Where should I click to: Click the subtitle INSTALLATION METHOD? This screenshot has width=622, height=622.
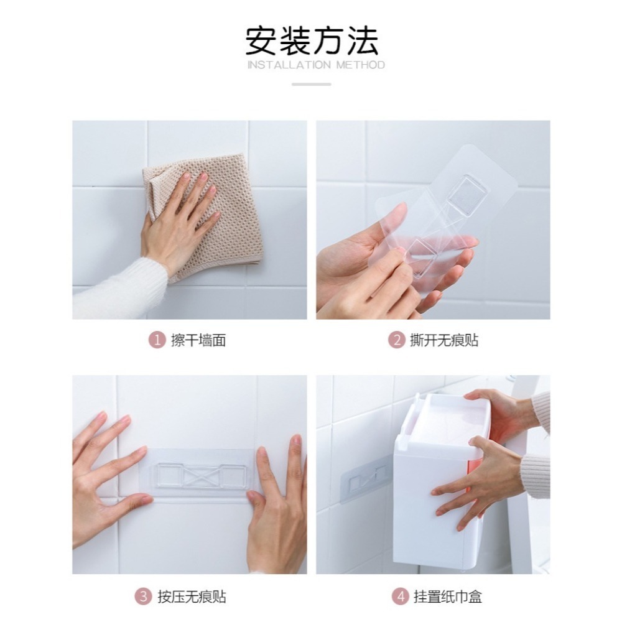click(x=316, y=65)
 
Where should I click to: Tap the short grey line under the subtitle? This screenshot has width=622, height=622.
click(x=311, y=84)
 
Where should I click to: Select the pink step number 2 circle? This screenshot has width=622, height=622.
click(x=396, y=340)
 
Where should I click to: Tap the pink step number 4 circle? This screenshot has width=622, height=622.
click(x=399, y=597)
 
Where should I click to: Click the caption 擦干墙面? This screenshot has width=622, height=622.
click(x=198, y=340)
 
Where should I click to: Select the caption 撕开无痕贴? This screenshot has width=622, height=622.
click(x=444, y=340)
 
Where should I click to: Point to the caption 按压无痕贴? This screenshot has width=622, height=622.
click(x=191, y=597)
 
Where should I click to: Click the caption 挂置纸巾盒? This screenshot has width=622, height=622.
click(x=448, y=597)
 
